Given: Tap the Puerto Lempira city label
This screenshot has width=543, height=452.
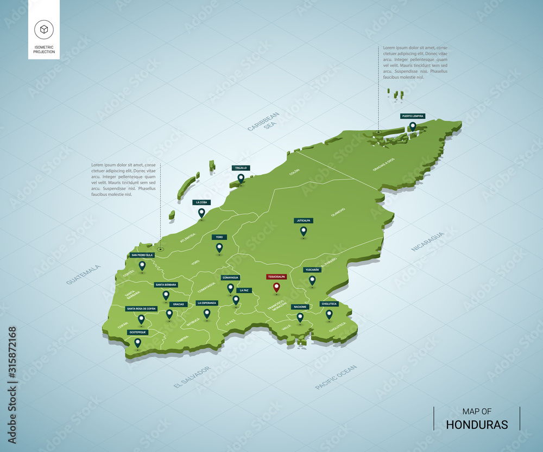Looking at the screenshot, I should pyautogui.click(x=412, y=116).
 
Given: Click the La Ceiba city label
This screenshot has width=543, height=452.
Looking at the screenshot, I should pyautogui.click(x=201, y=202).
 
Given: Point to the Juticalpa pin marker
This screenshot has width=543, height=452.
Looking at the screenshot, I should pyautogui.click(x=304, y=231).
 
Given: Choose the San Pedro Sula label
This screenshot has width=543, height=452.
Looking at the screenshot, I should pyautogui.click(x=142, y=254).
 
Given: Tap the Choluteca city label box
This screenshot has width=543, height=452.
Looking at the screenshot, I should pyautogui.click(x=329, y=304).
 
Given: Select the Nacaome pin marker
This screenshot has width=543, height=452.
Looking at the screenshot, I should pyautogui.click(x=300, y=316).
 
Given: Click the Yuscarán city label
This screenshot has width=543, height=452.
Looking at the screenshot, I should pyautogui.click(x=312, y=270).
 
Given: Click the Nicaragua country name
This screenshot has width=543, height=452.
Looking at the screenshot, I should pyautogui.click(x=427, y=241).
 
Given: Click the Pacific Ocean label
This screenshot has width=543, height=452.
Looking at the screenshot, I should pyautogui.click(x=336, y=377).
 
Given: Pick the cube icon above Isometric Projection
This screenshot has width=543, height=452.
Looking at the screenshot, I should pyautogui.click(x=43, y=29).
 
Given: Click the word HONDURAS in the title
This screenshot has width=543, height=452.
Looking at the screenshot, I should pyautogui.click(x=477, y=424).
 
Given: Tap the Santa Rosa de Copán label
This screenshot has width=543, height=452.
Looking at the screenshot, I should pyautogui.click(x=141, y=309).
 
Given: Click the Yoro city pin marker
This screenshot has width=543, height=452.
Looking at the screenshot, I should pyautogui.click(x=219, y=247).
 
